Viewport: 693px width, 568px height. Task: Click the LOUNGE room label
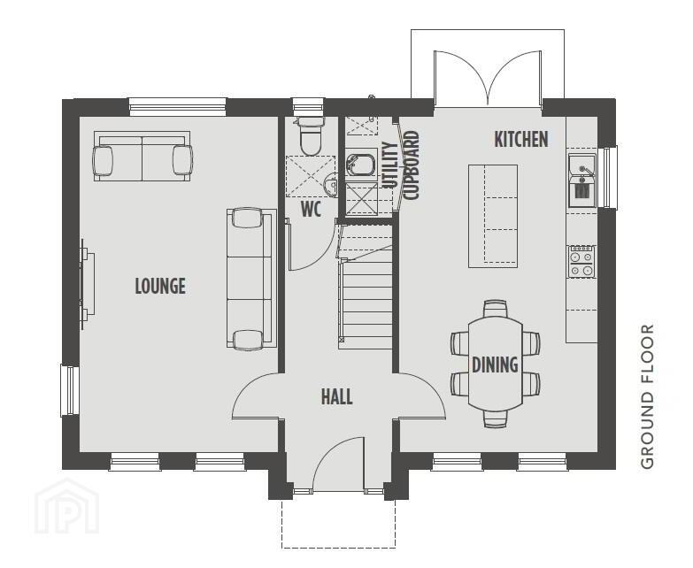160,286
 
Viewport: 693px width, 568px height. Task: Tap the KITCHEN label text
521,140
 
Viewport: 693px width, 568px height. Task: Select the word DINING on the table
495,365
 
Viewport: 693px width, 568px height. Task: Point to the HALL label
337,396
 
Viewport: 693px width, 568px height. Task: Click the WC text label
312,210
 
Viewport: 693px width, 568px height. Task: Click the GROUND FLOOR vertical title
647,396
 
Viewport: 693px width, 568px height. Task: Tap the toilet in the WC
311,136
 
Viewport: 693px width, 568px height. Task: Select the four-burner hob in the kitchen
581,262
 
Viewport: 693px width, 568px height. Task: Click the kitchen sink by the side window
582,180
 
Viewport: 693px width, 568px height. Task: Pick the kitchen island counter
493,216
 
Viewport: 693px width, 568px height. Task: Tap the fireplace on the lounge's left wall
87,285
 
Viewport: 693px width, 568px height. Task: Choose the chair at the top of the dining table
495,309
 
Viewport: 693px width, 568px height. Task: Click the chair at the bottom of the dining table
495,418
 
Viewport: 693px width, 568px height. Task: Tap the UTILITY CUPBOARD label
400,166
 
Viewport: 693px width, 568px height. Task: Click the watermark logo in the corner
66,507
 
